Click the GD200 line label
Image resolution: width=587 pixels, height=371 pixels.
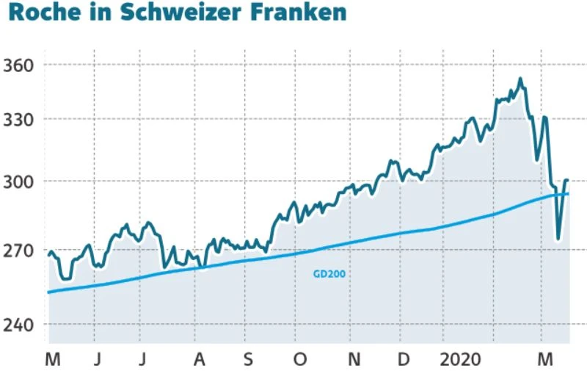pyautogui.click(x=329, y=273)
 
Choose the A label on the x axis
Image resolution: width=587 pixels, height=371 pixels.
pyautogui.click(x=197, y=359)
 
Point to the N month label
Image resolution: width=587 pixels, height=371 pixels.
pyautogui.click(x=353, y=359)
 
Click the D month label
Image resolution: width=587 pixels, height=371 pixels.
pyautogui.click(x=403, y=359)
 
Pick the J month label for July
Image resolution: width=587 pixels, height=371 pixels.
pyautogui.click(x=145, y=359)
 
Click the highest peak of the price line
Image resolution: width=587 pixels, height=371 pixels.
pyautogui.click(x=520, y=79)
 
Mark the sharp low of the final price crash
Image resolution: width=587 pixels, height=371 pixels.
pyautogui.click(x=558, y=238)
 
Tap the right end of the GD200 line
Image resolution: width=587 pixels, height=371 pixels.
pyautogui.click(x=568, y=194)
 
